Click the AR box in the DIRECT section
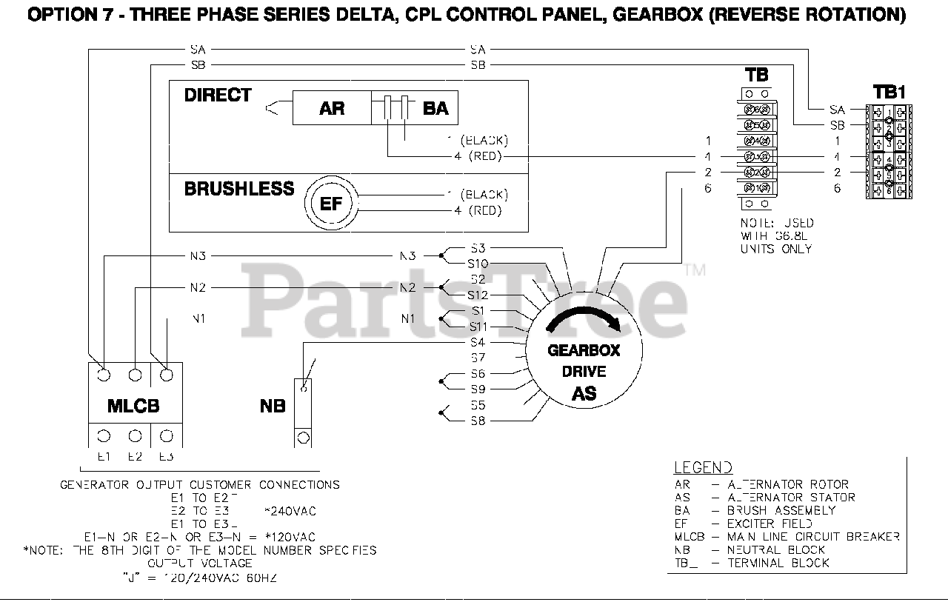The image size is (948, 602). pyautogui.click(x=331, y=109)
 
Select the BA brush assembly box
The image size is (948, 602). pyautogui.click(x=435, y=109)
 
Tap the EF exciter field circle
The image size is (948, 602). pyautogui.click(x=331, y=203)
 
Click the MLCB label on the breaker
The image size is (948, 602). pyautogui.click(x=134, y=406)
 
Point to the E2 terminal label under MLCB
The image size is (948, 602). pyautogui.click(x=135, y=457)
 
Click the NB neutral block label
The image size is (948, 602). pyautogui.click(x=273, y=407)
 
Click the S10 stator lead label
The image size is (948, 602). pyautogui.click(x=478, y=264)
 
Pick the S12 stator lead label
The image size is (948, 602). pyautogui.click(x=478, y=295)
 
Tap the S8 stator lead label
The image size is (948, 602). pyautogui.click(x=478, y=421)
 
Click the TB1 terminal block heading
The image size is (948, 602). pyautogui.click(x=889, y=92)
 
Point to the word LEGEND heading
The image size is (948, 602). pyautogui.click(x=703, y=467)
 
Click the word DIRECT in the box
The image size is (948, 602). pyautogui.click(x=218, y=96)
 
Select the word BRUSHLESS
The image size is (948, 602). pyautogui.click(x=239, y=189)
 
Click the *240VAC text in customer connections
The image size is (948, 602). pyautogui.click(x=290, y=511)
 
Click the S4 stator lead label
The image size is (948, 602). pyautogui.click(x=478, y=343)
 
